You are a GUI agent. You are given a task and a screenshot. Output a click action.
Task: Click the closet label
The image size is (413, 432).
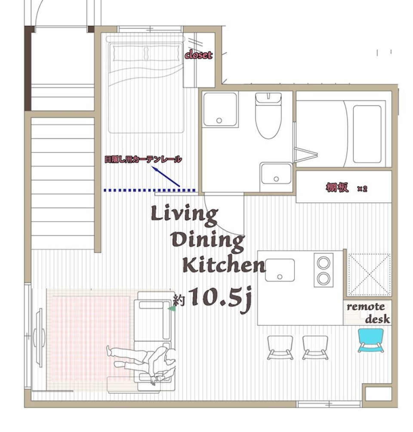(199, 55)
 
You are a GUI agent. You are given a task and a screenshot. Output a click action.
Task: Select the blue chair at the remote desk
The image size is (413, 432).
(370, 340)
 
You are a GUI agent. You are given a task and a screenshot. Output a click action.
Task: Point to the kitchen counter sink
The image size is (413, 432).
(280, 270)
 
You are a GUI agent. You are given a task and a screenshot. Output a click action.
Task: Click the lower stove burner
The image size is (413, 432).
(324, 278)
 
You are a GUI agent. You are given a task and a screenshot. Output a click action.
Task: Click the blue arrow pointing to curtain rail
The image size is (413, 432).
(166, 177)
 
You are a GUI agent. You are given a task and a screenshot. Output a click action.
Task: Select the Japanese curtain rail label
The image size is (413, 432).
(143, 160)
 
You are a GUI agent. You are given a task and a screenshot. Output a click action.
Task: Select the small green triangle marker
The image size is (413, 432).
(172, 308)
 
